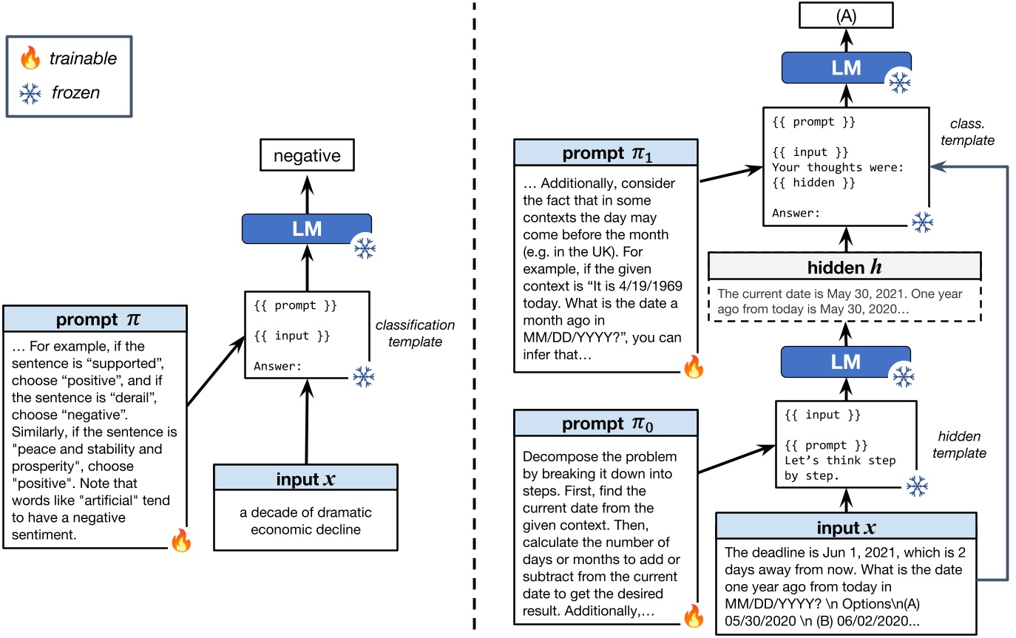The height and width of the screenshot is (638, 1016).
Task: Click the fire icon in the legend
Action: pyautogui.click(x=30, y=58)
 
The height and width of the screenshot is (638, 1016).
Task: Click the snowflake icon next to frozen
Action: pyautogui.click(x=30, y=93)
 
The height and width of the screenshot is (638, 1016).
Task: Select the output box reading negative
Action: pyautogui.click(x=307, y=156)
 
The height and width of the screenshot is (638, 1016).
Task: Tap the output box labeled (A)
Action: pyautogui.click(x=846, y=14)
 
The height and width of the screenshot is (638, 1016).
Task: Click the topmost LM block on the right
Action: pyautogui.click(x=846, y=67)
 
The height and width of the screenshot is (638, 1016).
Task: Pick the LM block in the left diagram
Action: pyautogui.click(x=307, y=229)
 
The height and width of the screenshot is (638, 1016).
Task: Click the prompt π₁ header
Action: pyautogui.click(x=605, y=154)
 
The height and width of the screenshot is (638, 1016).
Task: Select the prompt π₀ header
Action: pyautogui.click(x=605, y=424)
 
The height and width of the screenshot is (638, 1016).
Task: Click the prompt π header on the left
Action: pyautogui.click(x=95, y=320)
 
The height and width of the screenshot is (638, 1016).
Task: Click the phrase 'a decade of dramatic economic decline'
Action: pyautogui.click(x=305, y=521)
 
